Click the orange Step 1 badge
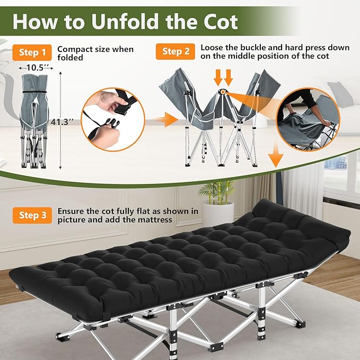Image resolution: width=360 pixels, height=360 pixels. point(32,52)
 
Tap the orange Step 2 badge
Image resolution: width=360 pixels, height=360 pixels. point(175,51)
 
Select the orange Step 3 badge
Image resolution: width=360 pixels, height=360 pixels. point(32,215)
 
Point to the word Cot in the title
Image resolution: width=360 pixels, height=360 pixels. point(219,22)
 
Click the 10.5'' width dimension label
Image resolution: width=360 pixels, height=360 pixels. point(36,68)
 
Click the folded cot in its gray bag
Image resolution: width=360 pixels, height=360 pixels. point(34,121)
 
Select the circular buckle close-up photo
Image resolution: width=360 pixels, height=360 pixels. point(113,119)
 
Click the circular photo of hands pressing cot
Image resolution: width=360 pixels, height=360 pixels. point(308,119)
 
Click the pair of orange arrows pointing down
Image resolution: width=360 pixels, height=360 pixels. point(223,77)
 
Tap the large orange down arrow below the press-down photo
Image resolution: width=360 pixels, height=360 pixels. point(276,156)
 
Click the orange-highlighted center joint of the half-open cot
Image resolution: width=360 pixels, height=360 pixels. point(223,92)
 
